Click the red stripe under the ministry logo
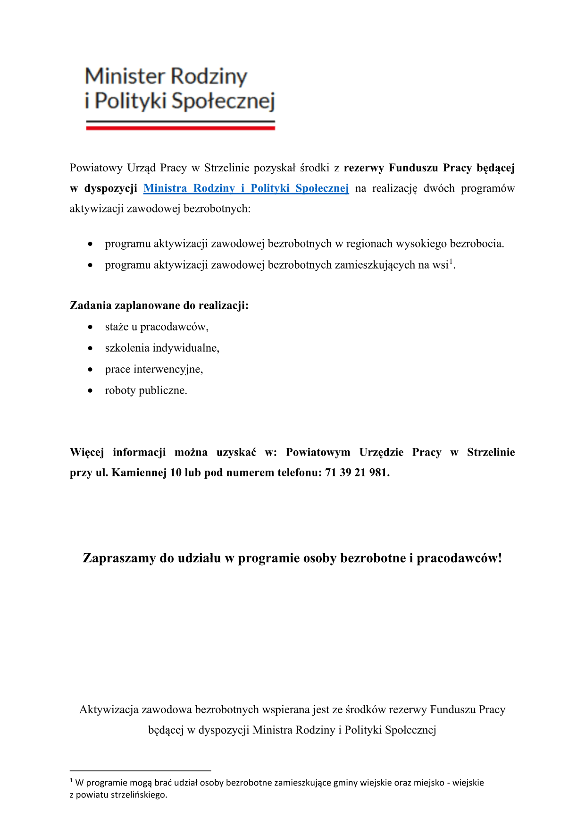(x=180, y=128)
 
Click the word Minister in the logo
(x=125, y=76)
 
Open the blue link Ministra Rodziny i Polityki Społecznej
(x=246, y=188)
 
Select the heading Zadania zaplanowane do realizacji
(x=159, y=305)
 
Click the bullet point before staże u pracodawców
(x=90, y=327)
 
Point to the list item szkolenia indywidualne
(x=162, y=348)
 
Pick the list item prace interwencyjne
(x=154, y=369)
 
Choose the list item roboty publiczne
(x=146, y=390)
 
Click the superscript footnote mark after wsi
(x=451, y=261)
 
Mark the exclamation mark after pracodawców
(x=500, y=558)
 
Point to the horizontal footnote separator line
(x=140, y=770)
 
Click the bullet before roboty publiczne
(x=90, y=390)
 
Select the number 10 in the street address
(x=175, y=473)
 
